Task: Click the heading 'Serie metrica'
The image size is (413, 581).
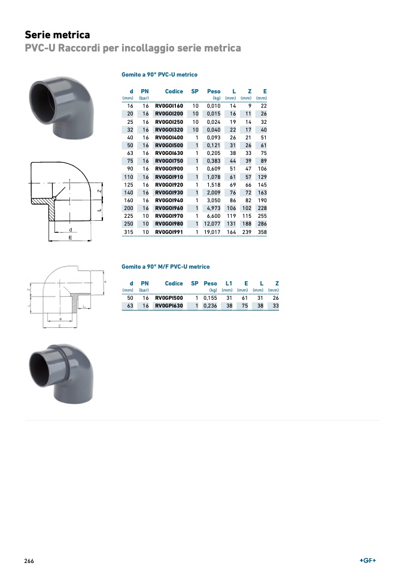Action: point(57,35)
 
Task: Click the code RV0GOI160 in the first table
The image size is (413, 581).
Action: point(169,106)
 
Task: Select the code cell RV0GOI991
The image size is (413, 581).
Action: point(169,232)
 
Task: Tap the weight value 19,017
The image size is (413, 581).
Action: point(212,232)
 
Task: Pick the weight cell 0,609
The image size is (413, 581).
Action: point(214,169)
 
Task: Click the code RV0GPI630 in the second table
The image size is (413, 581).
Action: point(169,306)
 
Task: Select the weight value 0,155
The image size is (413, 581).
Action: point(210,298)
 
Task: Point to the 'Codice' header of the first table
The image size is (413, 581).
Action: point(174,92)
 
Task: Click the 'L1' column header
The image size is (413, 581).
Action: point(229,284)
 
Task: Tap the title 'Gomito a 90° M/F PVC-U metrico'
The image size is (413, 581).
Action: point(165,267)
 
